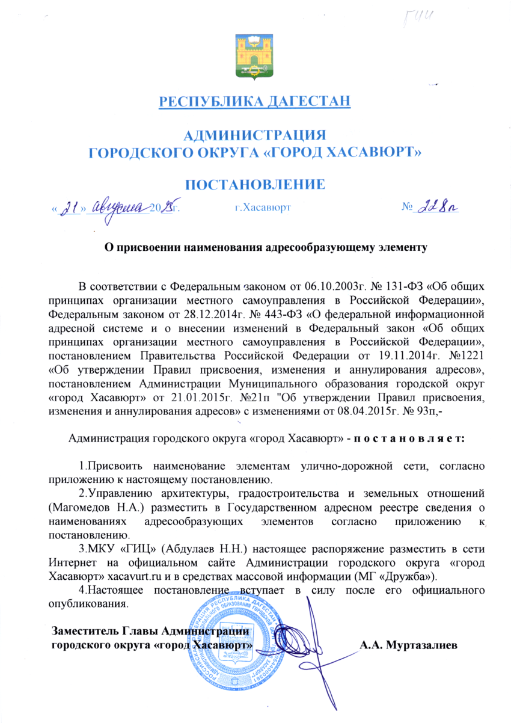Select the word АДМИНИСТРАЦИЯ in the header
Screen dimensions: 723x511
click(254, 135)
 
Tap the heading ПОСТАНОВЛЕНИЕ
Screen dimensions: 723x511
click(254, 184)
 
